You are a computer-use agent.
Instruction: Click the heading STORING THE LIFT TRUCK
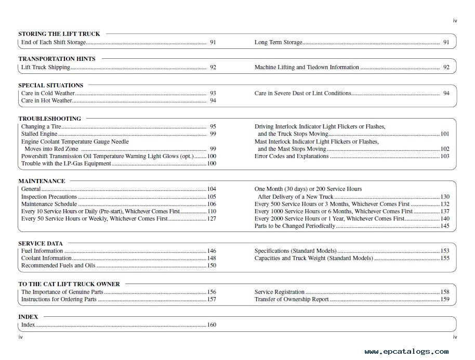coord(59,34)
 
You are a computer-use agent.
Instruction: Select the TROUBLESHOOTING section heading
coord(50,119)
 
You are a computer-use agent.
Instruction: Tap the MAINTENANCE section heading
coord(42,181)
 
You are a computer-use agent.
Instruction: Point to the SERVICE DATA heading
coord(41,243)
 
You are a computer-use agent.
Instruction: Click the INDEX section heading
coord(28,316)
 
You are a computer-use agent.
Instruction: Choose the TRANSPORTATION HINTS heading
coord(57,59)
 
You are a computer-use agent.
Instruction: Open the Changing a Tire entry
coord(41,126)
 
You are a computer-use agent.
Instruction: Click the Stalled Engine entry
coord(39,134)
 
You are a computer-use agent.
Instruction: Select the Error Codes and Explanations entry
coord(292,156)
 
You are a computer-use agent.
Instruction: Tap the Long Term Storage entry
coord(278,42)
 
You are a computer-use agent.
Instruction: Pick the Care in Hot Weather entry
coord(47,101)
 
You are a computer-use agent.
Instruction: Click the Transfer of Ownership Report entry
coord(292,299)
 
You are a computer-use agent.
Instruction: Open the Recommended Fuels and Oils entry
coord(58,265)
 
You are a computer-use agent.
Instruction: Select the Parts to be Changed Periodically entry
coord(295,226)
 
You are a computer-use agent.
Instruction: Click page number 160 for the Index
coord(212,325)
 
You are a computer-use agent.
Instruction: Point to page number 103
coord(445,156)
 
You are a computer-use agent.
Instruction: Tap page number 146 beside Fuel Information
coord(212,251)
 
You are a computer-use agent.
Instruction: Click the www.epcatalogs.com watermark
coord(406,352)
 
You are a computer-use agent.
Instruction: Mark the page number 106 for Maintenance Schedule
coord(212,204)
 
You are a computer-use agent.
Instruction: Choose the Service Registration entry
coord(280,292)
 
